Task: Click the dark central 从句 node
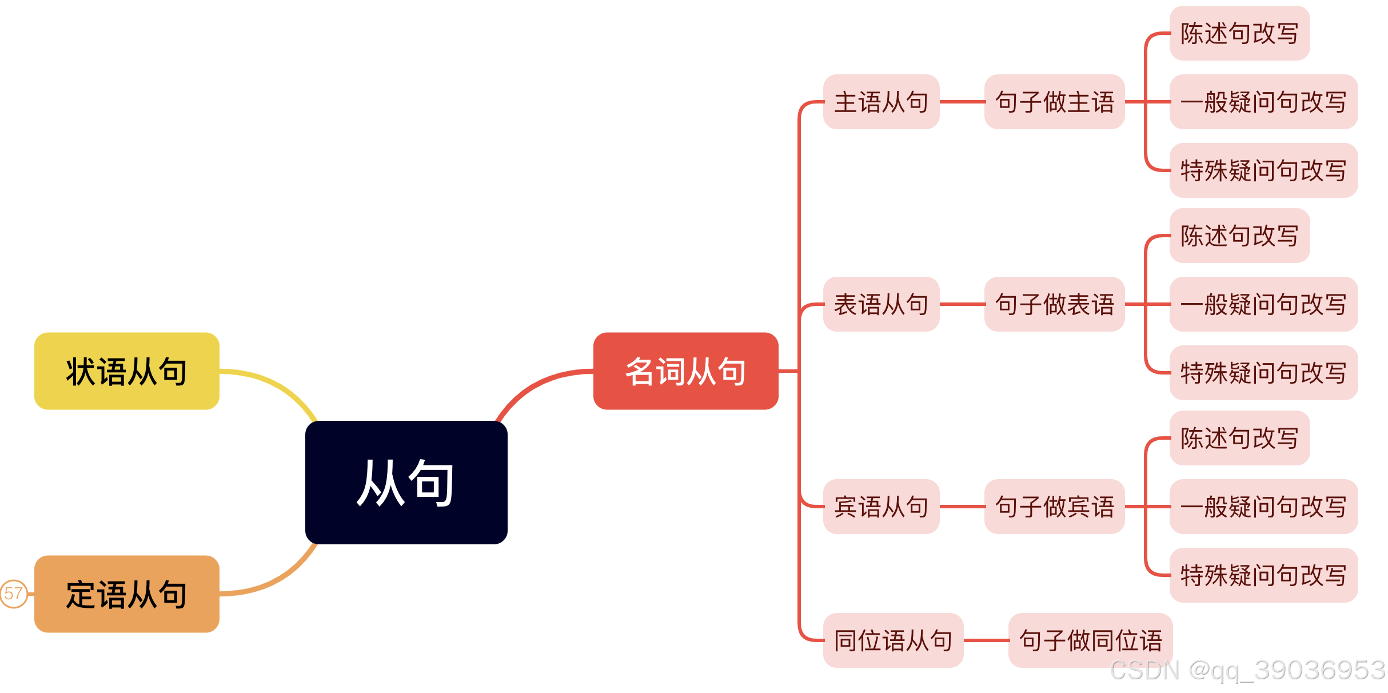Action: pos(406,482)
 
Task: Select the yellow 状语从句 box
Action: pos(126,371)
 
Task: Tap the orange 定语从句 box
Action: pos(126,594)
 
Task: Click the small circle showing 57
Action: pos(13,594)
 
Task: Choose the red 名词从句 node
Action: pos(685,371)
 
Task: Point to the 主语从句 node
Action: pos(881,102)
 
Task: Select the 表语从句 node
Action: pos(881,304)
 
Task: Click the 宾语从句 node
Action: pos(881,507)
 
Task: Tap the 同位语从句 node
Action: pos(893,640)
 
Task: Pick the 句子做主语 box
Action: pos(1054,102)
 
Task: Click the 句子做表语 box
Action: pos(1054,304)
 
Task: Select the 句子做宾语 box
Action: pos(1054,507)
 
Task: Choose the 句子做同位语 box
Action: pos(1090,640)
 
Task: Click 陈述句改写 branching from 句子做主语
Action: pos(1239,33)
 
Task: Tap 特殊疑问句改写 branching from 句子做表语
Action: pos(1263,373)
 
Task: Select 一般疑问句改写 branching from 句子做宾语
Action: pos(1263,507)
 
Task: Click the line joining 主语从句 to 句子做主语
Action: pos(962,102)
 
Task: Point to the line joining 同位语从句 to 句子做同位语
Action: pos(986,640)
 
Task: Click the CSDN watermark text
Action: pos(1247,670)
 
